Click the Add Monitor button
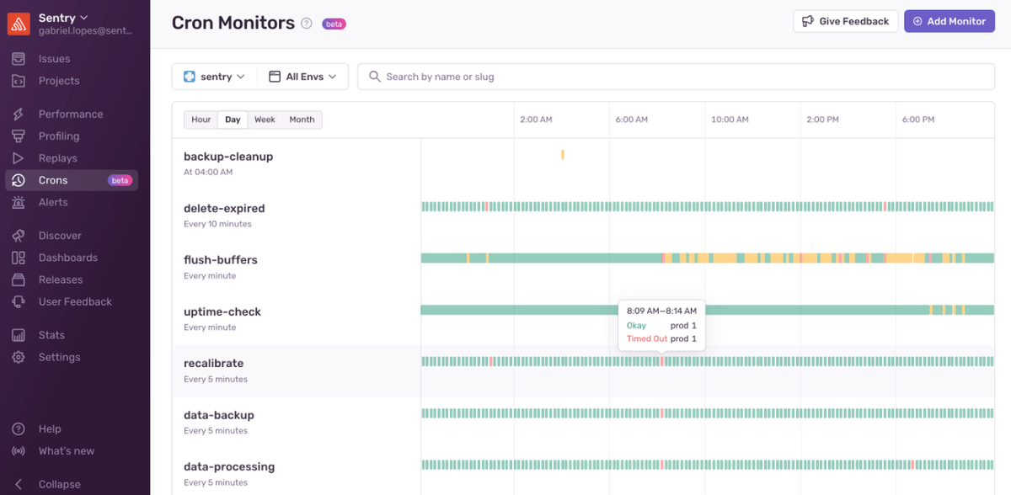(x=949, y=21)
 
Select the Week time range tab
(x=265, y=120)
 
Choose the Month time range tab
(x=302, y=120)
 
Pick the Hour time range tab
(x=201, y=120)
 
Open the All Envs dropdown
(x=302, y=77)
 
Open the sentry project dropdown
(x=214, y=77)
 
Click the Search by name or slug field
(x=674, y=77)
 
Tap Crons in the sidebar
(x=53, y=180)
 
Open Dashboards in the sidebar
(x=67, y=258)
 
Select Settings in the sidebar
(x=59, y=357)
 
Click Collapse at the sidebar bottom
(x=59, y=484)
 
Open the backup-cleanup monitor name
(x=228, y=157)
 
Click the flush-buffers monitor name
(x=221, y=260)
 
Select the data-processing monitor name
(x=229, y=467)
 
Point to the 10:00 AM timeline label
(x=730, y=120)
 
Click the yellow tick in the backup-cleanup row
(x=563, y=155)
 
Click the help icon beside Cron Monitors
(x=307, y=24)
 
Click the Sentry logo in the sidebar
(x=19, y=24)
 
